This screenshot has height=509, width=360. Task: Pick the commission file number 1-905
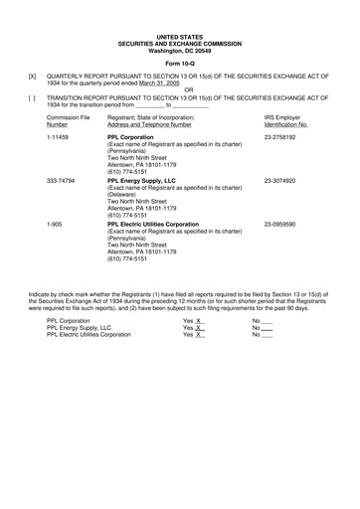click(x=56, y=225)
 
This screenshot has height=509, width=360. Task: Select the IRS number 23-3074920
click(x=283, y=180)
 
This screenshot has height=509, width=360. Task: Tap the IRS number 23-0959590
click(x=283, y=225)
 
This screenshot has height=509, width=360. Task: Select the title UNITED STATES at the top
click(x=179, y=36)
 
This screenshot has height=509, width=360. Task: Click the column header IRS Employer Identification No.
click(x=285, y=121)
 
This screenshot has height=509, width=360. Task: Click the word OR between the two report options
click(x=179, y=88)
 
